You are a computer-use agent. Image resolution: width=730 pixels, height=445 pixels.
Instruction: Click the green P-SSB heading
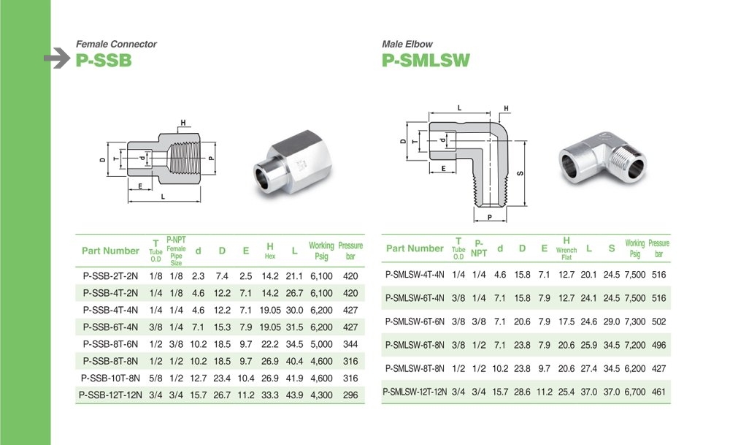104,61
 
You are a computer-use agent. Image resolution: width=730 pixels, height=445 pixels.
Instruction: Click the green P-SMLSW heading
426,61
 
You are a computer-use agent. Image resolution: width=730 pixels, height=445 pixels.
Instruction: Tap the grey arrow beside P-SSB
57,58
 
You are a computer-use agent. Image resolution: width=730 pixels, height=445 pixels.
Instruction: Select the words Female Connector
116,45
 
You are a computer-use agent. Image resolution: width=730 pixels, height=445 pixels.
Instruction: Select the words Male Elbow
407,45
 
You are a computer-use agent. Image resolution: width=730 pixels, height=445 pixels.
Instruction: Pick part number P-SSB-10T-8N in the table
110,378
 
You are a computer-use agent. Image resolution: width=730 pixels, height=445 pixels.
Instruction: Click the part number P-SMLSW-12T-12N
415,392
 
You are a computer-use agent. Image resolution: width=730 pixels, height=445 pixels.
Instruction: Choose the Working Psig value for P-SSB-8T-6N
321,344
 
